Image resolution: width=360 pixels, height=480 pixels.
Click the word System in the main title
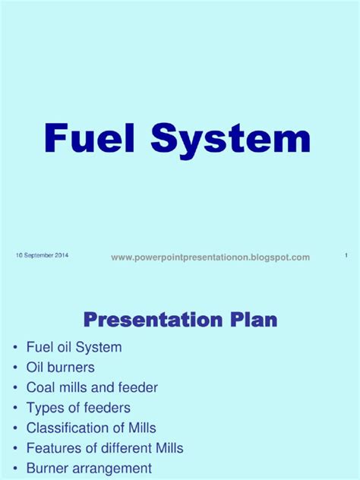[x=230, y=140]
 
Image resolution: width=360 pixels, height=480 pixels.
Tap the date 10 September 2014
[x=42, y=256]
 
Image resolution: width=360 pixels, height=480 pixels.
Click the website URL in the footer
[x=210, y=257]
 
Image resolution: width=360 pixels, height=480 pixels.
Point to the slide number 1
[x=346, y=256]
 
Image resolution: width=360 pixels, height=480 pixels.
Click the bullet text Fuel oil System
[x=74, y=347]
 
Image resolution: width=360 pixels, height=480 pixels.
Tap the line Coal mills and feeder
[x=92, y=387]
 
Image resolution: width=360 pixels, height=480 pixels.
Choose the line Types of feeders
[x=78, y=408]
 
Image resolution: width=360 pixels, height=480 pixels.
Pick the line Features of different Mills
[x=105, y=448]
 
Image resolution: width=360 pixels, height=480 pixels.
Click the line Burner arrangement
[x=89, y=468]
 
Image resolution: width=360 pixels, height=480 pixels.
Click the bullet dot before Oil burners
[x=14, y=368]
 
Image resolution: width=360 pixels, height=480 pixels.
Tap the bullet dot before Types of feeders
[x=14, y=408]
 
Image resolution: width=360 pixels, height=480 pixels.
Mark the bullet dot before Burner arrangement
[x=14, y=469]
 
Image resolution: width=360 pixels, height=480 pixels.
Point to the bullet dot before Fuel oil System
[x=14, y=348]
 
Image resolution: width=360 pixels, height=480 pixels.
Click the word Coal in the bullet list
[x=40, y=387]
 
